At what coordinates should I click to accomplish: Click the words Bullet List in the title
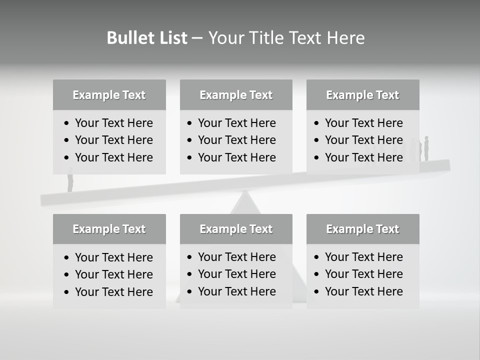147,38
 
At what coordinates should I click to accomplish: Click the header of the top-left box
109,95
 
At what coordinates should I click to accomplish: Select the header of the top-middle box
236,95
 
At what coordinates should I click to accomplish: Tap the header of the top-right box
362,95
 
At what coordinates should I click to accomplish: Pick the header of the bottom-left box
109,229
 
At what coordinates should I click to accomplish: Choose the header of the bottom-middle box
236,229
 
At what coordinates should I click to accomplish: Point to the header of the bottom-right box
362,229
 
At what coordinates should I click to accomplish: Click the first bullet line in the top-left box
113,123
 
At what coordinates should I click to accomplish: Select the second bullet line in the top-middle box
236,140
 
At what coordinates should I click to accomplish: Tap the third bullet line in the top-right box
363,157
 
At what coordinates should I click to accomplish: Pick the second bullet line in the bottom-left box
113,274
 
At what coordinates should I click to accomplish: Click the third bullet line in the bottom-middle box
236,291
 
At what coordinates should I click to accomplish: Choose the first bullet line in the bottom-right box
363,257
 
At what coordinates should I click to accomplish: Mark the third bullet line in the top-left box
113,157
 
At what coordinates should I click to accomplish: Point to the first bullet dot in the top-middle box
190,123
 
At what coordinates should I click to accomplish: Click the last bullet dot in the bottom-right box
317,291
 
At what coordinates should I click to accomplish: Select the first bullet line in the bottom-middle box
236,257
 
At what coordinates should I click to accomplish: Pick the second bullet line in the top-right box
363,140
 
